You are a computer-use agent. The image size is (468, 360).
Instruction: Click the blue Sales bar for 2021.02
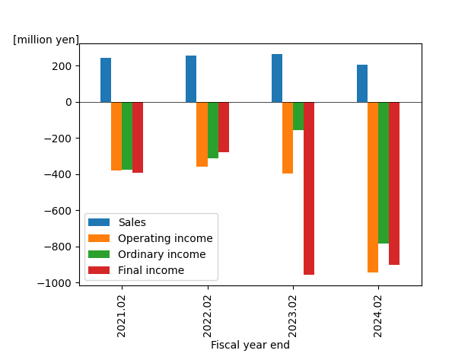106,80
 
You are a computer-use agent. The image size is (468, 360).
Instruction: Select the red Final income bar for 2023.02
309,188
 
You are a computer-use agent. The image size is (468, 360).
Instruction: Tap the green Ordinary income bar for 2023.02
298,116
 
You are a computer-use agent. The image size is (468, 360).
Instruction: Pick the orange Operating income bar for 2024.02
373,187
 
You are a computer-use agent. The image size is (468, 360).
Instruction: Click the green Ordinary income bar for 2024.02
384,173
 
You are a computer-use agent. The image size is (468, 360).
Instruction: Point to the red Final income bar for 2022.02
224,127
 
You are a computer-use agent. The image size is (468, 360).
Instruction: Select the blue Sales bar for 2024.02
362,84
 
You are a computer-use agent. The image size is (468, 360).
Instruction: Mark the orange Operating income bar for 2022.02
202,134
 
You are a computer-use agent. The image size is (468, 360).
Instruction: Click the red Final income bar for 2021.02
138,137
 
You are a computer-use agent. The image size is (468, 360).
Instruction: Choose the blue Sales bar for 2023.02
277,78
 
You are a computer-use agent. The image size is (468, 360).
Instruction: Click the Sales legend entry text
132,222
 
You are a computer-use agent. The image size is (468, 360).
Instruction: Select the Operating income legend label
165,238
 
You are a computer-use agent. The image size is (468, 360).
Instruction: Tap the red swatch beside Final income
99,270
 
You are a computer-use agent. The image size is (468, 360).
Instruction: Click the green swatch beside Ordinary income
99,254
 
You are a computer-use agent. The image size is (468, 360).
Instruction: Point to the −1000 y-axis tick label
54,283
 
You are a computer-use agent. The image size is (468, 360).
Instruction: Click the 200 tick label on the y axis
62,66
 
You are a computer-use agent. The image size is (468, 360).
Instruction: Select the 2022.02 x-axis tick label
207,316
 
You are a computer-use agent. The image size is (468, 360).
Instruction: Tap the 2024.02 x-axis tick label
377,316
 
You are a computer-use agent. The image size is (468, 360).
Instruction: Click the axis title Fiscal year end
250,345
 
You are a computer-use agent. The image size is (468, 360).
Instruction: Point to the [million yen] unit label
46,40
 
